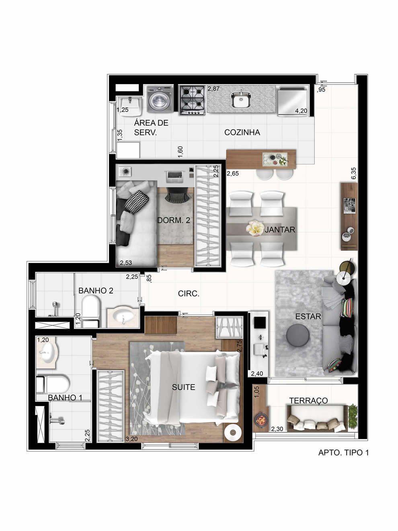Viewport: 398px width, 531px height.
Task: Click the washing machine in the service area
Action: pyautogui.click(x=160, y=99)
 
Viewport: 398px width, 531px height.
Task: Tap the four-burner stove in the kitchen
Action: pyautogui.click(x=193, y=100)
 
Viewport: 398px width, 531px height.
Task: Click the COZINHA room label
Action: pyautogui.click(x=242, y=132)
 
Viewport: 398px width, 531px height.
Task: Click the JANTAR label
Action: pyautogui.click(x=280, y=229)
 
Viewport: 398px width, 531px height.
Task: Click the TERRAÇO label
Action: pyautogui.click(x=308, y=401)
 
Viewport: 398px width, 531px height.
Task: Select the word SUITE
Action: pyautogui.click(x=184, y=387)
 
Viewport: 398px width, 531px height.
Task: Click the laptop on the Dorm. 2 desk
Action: pyautogui.click(x=174, y=174)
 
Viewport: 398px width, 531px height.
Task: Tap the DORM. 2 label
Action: pyautogui.click(x=174, y=220)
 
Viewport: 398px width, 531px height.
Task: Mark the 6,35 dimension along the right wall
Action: pyautogui.click(x=354, y=173)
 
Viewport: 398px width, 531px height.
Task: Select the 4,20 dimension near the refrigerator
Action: pyautogui.click(x=301, y=111)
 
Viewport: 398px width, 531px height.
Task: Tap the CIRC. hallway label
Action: pyautogui.click(x=189, y=294)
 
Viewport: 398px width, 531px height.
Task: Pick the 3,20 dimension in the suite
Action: pyautogui.click(x=131, y=438)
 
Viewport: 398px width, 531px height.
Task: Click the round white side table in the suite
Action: pyautogui.click(x=233, y=432)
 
